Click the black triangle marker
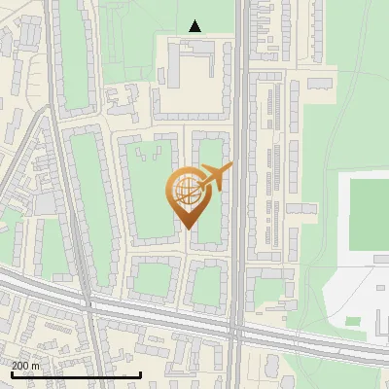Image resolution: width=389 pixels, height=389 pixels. click(x=195, y=26)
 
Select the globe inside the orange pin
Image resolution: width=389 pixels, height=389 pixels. click(x=185, y=191)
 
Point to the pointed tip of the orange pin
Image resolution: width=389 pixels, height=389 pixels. click(x=186, y=228)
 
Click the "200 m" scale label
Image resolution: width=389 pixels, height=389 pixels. click(x=25, y=365)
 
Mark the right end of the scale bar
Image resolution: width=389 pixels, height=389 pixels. click(x=141, y=374)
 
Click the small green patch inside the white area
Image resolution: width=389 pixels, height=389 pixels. click(x=353, y=320)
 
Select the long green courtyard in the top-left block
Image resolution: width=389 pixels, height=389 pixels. click(x=75, y=58)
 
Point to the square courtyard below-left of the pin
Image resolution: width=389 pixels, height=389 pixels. click(x=152, y=280)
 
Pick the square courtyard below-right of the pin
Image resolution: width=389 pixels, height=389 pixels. click(x=206, y=282)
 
